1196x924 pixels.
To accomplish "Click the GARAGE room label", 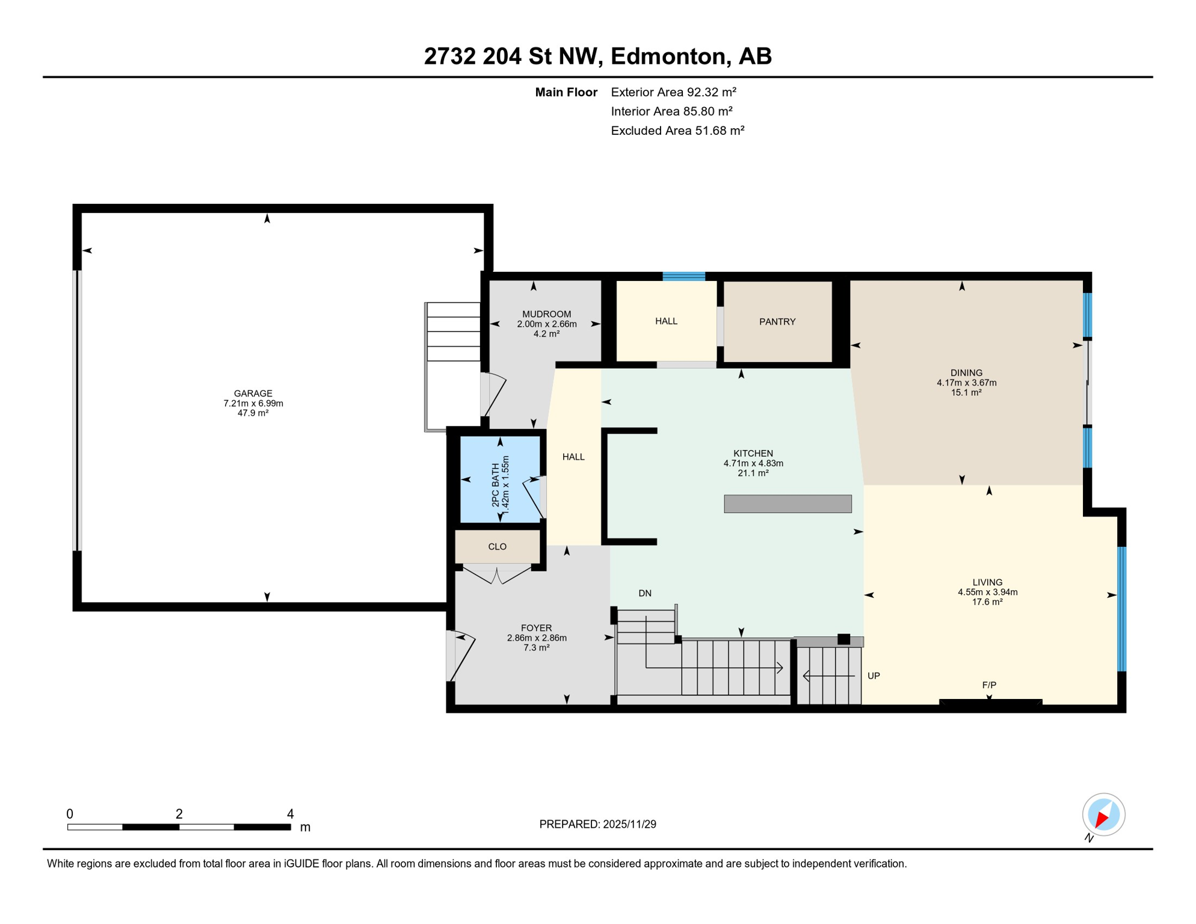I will pos(253,393).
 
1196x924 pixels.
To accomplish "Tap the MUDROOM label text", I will pos(546,314).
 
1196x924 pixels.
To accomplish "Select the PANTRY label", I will pos(777,322).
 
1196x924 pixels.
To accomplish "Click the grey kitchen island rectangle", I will pos(788,504).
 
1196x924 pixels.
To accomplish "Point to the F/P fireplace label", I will pos(989,685).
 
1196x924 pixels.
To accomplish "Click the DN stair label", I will pos(645,593).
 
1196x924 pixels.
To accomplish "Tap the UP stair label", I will pos(874,676).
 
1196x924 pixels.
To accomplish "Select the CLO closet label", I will pos(497,546).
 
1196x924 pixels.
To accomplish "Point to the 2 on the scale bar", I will pos(179,814).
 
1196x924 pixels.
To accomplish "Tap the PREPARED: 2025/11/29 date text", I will pos(597,824).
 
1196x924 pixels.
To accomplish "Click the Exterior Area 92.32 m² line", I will pos(673,92).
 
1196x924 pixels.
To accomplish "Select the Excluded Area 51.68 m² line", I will pos(677,131).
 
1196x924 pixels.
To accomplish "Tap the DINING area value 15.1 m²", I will pos(966,392).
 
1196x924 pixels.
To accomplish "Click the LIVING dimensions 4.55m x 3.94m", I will pos(987,592).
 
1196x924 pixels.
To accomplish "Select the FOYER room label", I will pos(536,628).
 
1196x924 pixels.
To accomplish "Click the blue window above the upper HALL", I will pos(683,276).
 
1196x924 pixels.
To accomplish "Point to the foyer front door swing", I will pos(462,656).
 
